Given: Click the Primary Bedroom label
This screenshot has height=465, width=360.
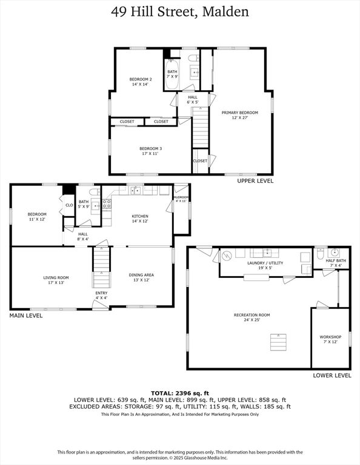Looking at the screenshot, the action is [240, 113].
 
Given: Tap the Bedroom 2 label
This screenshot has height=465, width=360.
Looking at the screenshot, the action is [141, 79].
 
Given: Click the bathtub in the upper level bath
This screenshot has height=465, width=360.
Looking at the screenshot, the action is [172, 74].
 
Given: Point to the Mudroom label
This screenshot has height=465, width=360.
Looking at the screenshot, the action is [181, 197].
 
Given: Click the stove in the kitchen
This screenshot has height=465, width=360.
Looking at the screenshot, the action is [107, 203].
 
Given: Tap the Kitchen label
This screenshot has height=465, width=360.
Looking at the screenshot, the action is [140, 216].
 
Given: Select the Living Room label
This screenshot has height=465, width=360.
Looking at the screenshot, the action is [56, 277].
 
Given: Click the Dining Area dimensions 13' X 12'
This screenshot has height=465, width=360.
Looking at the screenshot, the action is [141, 280].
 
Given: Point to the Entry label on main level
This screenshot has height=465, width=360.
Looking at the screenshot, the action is [101, 293].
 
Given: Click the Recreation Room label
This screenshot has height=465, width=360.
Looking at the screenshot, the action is [252, 315].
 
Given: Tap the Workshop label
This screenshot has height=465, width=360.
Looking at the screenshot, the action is [330, 337].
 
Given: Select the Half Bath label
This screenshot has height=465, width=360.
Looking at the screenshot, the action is [336, 260].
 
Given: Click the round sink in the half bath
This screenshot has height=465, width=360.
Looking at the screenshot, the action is [335, 252].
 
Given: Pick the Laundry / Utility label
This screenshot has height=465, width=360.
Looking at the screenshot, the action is [265, 263].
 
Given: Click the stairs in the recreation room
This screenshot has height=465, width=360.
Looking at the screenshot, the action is [278, 342].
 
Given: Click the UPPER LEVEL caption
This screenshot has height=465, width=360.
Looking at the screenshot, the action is [255, 180].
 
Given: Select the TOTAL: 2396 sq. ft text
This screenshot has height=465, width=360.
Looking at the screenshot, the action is [180, 393].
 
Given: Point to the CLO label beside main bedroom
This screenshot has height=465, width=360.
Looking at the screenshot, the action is [69, 205].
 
